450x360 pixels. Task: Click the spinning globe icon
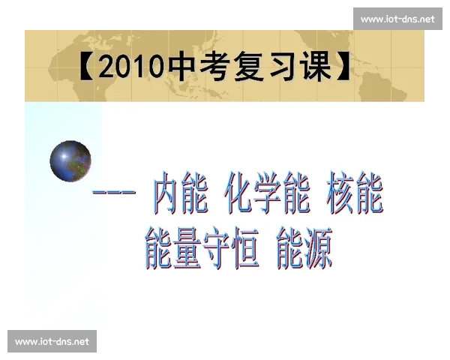pos(70,160)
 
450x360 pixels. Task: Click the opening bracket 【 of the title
pos(85,67)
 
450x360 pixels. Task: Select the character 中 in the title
pos(182,67)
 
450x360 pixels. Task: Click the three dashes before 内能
pos(114,194)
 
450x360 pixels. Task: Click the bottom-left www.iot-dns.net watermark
pos(52,341)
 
